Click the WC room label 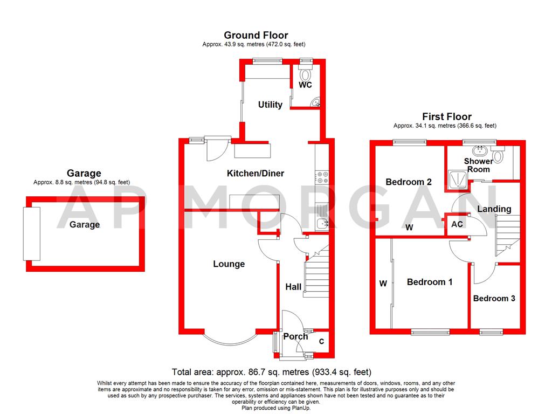pyautogui.click(x=305, y=85)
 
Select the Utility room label pyautogui.click(x=270, y=105)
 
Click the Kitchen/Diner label pyautogui.click(x=255, y=174)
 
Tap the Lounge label pyautogui.click(x=229, y=264)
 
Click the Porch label pyautogui.click(x=295, y=337)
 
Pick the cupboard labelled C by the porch pyautogui.click(x=321, y=341)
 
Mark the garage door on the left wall pyautogui.click(x=29, y=233)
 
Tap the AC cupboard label pyautogui.click(x=457, y=224)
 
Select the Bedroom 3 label pyautogui.click(x=494, y=299)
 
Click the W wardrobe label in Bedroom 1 pyautogui.click(x=383, y=283)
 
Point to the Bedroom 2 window pyautogui.click(x=409, y=143)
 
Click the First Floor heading pyautogui.click(x=446, y=117)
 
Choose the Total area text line pyautogui.click(x=272, y=372)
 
